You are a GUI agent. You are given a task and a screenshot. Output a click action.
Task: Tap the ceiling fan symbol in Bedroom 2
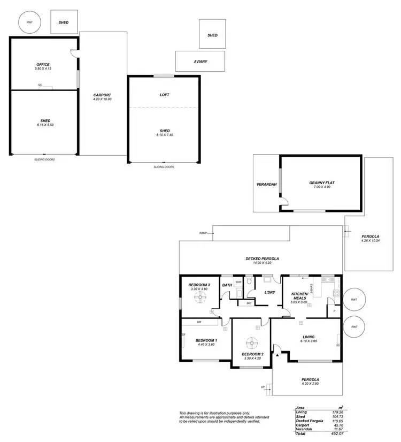(x=251, y=342)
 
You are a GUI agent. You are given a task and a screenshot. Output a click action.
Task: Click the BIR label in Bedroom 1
(x=199, y=322)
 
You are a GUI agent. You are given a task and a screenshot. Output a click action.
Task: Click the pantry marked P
(x=335, y=310)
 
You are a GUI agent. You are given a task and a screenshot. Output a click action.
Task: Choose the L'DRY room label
(x=269, y=292)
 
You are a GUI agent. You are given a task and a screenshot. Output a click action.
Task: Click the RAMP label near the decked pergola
(x=203, y=233)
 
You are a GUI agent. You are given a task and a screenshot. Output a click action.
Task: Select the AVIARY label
(x=200, y=62)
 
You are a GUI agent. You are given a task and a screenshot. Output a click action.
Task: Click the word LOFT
(x=164, y=95)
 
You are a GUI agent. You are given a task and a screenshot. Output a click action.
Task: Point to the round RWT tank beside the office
(x=26, y=22)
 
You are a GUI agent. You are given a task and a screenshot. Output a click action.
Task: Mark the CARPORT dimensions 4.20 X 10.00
(x=102, y=100)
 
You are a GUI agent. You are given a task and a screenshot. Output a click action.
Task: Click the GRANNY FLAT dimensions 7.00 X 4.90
(x=321, y=187)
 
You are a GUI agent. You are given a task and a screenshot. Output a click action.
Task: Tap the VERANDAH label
(x=266, y=185)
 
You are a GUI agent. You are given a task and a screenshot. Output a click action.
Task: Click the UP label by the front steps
(x=262, y=387)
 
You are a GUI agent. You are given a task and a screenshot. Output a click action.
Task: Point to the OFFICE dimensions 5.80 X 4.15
(x=43, y=68)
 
